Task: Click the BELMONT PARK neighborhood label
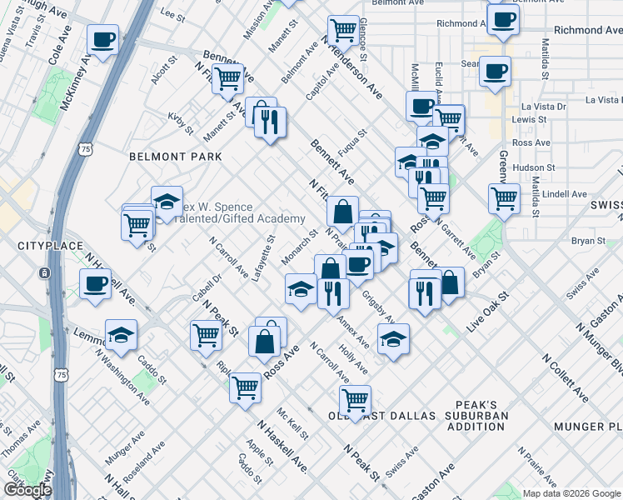[x=175, y=157]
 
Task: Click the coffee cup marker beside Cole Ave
[x=103, y=39]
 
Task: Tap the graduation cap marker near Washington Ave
[x=122, y=335]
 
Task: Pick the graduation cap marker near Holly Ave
[x=394, y=338]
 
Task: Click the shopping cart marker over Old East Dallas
[x=356, y=400]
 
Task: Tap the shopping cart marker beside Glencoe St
[x=343, y=31]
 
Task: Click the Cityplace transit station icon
[x=43, y=272]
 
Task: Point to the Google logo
[x=27, y=490]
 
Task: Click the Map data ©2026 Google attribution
[x=571, y=493]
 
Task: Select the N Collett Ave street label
[x=566, y=378]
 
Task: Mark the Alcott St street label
[x=161, y=76]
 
